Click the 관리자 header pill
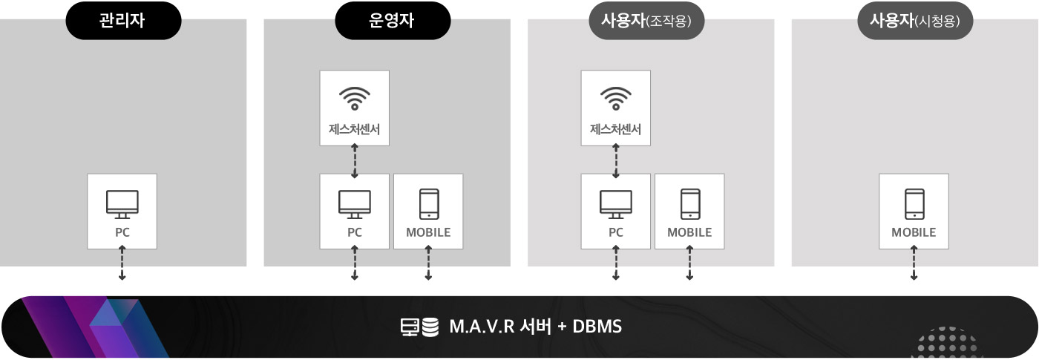[122, 21]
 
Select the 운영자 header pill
[393, 21]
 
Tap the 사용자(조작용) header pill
[646, 21]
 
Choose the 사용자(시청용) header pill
[916, 21]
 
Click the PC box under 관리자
[122, 212]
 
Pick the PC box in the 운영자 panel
[355, 212]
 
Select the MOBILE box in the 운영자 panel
[428, 212]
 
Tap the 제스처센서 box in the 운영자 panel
[355, 108]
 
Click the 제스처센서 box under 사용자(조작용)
[615, 108]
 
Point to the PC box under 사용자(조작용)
[615, 212]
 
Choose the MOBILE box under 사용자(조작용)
[689, 212]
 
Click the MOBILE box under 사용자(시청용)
[914, 212]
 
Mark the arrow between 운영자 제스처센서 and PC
[355, 160]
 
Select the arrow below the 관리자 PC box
[122, 264]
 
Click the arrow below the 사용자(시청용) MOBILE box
[914, 264]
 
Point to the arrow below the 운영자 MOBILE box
[428, 264]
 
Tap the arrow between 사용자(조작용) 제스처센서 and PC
[615, 160]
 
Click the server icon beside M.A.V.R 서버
[410, 327]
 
